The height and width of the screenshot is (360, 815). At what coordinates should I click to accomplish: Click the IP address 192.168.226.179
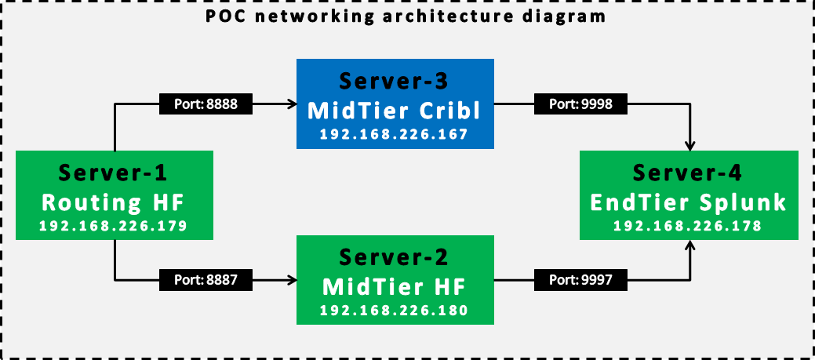click(x=114, y=227)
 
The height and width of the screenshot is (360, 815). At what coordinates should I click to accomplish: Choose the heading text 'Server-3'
click(x=394, y=82)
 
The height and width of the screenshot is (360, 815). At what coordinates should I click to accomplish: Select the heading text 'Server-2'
click(x=394, y=257)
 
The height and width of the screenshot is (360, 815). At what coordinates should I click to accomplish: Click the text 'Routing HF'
click(x=114, y=202)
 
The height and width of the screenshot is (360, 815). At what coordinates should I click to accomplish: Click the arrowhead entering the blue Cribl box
click(x=289, y=102)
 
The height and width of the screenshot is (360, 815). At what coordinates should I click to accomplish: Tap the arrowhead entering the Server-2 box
click(x=289, y=278)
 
